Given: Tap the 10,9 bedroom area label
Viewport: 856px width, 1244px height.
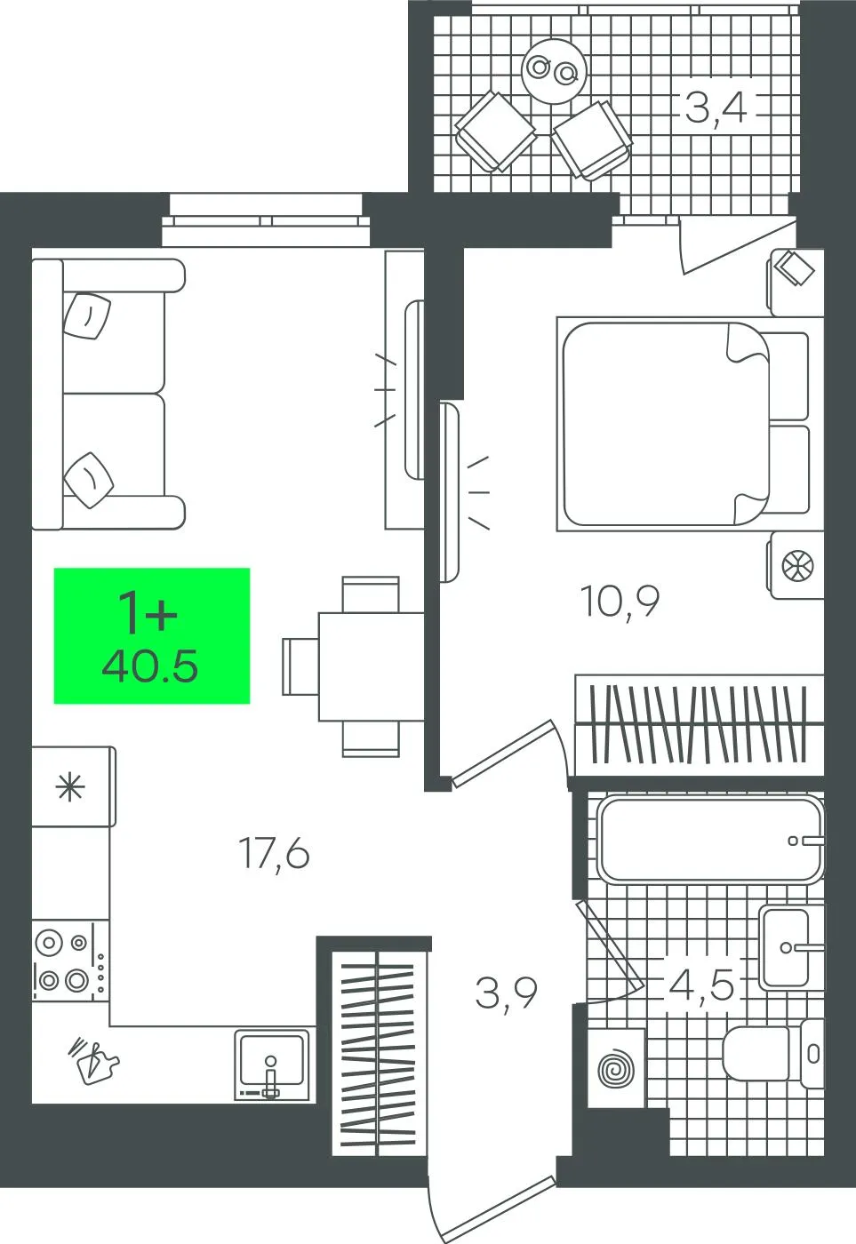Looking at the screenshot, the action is (620, 602).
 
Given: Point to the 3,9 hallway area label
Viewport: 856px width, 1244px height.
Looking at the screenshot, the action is (506, 993).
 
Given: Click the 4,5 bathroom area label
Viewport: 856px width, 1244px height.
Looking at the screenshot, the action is (701, 985).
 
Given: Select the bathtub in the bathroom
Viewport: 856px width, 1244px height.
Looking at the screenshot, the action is (711, 840).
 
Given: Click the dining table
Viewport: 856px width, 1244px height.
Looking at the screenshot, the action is (371, 666).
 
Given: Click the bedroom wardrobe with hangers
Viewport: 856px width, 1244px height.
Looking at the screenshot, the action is (699, 725).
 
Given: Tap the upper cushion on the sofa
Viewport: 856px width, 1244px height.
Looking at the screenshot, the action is (87, 315).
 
